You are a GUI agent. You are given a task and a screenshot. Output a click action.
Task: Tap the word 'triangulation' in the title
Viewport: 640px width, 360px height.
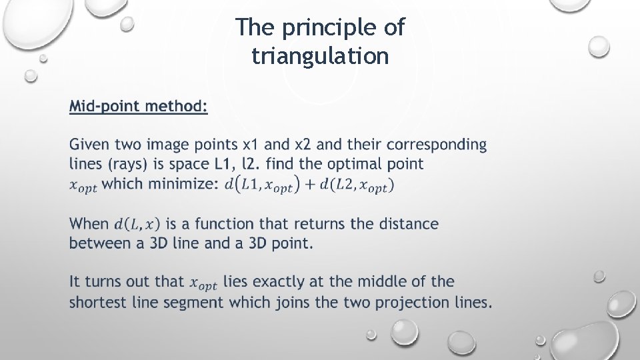click(320, 56)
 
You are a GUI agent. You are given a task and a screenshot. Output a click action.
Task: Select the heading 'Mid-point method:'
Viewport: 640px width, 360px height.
click(139, 106)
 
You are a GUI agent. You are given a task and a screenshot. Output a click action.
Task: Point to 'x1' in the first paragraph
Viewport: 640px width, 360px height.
click(251, 145)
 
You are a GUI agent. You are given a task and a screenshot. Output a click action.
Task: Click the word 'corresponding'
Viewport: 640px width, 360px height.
click(437, 145)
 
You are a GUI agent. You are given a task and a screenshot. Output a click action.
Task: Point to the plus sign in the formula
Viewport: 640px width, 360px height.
click(309, 185)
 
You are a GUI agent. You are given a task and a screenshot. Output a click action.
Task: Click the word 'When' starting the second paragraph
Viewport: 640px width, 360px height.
click(89, 224)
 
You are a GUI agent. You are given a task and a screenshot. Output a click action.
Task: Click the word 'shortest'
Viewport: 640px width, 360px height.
click(101, 302)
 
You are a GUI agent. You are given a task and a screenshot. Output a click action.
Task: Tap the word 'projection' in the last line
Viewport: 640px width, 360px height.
click(413, 302)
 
